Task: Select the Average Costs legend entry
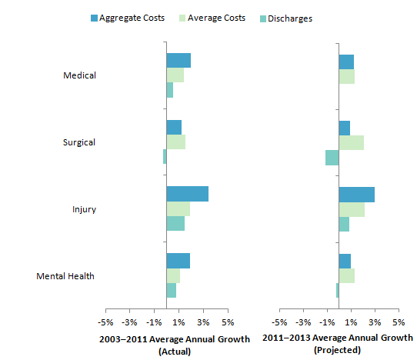(212, 18)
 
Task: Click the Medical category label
(80, 75)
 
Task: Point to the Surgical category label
(79, 142)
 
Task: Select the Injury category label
(84, 209)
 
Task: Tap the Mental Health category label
(65, 276)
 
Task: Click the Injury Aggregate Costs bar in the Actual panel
(187, 194)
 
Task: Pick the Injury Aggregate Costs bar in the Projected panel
(356, 194)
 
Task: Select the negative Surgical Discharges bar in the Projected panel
(332, 157)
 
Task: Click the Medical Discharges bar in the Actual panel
(170, 90)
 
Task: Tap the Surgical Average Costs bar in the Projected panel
(351, 142)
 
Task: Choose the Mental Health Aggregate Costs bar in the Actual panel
(178, 261)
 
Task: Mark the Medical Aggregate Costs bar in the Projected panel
(346, 61)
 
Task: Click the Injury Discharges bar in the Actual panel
(175, 224)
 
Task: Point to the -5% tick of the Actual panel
(105, 322)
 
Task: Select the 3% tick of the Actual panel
(203, 322)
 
